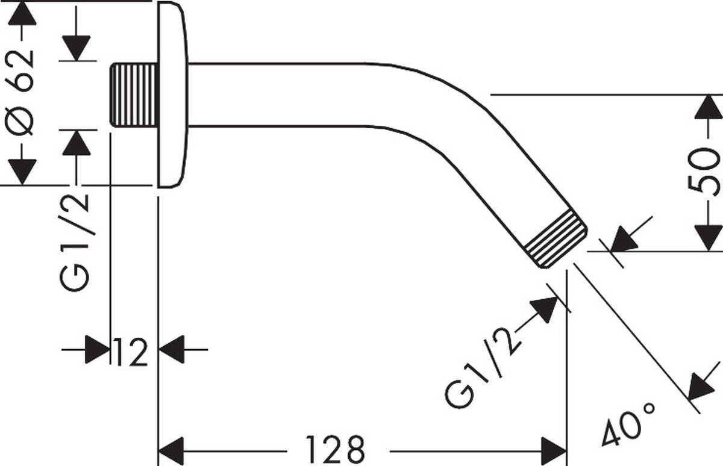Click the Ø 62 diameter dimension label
[x=22, y=93]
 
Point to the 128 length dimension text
[x=336, y=449]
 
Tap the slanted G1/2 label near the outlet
[x=483, y=369]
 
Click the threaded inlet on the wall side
[x=134, y=95]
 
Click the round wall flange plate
[x=173, y=95]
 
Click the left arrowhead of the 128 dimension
[x=171, y=450]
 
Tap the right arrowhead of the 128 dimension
[x=554, y=450]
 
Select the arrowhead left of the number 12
[x=96, y=349]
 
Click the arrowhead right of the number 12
[x=172, y=349]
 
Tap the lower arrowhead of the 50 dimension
[x=709, y=237]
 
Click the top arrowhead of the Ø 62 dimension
[x=22, y=13]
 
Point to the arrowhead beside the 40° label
[x=701, y=387]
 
